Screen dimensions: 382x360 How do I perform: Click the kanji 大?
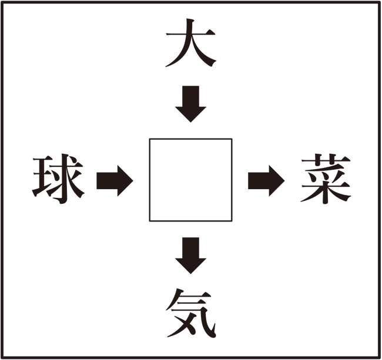pyautogui.click(x=191, y=43)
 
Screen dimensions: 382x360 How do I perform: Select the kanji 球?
pyautogui.click(x=58, y=179)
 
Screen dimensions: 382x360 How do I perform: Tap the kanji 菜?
pyautogui.click(x=326, y=179)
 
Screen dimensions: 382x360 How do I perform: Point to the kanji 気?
pyautogui.click(x=191, y=313)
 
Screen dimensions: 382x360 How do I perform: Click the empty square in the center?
pyautogui.click(x=191, y=180)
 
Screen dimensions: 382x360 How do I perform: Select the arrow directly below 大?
pyautogui.click(x=191, y=104)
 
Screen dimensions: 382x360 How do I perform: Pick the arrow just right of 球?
pyautogui.click(x=115, y=181)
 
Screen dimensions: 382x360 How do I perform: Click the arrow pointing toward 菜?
pyautogui.click(x=266, y=181)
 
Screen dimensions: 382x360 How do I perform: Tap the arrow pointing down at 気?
pyautogui.click(x=191, y=255)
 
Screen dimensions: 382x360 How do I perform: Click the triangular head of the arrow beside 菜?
pyautogui.click(x=277, y=181)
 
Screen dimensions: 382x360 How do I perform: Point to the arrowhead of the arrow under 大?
pyautogui.click(x=191, y=115)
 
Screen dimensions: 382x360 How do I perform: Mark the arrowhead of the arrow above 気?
pyautogui.click(x=191, y=266)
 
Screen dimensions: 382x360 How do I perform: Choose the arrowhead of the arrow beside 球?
pyautogui.click(x=125, y=181)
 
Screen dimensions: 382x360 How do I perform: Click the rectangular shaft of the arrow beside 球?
pyautogui.click(x=107, y=181)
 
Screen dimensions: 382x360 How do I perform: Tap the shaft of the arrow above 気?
pyautogui.click(x=191, y=248)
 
